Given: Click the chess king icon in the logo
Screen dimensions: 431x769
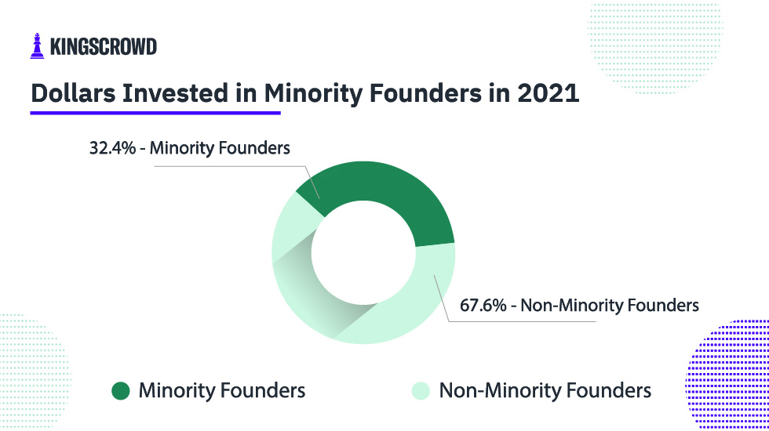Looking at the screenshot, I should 37,45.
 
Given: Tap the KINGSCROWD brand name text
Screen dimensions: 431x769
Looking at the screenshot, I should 103,47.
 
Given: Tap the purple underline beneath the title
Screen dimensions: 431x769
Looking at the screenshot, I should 155,114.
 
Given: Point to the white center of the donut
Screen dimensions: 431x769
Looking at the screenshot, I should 363,253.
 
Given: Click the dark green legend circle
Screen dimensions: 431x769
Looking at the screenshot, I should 120,390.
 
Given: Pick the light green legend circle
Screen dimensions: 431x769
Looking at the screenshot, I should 420,390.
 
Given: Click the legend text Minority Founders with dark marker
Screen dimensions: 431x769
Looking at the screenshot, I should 221,390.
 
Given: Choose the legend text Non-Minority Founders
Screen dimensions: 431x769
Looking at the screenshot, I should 545,390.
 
